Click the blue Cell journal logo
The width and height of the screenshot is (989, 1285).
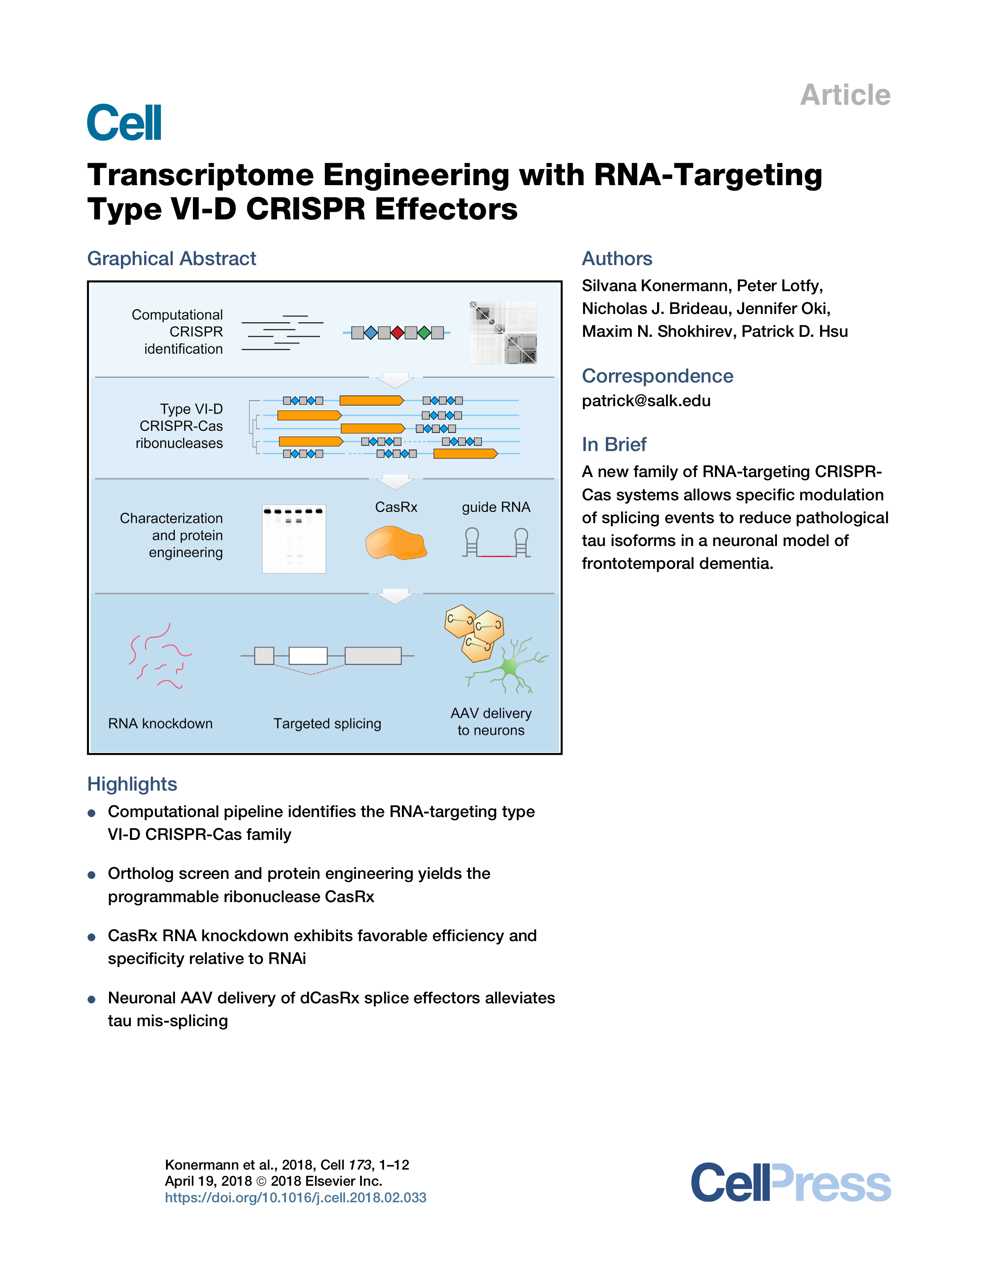[124, 123]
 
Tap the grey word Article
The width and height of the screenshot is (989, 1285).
[845, 95]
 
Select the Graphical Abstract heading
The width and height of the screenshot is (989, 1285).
[172, 258]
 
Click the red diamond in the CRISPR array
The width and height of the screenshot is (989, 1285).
[398, 333]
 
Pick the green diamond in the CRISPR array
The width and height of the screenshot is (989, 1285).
[424, 333]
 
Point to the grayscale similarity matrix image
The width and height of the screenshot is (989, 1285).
[503, 332]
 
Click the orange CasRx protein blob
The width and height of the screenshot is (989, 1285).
[396, 543]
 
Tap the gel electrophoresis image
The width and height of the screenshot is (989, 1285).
[294, 539]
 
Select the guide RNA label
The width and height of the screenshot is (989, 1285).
[496, 507]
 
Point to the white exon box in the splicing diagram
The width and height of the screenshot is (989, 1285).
[308, 655]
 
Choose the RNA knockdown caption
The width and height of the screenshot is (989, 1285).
[161, 724]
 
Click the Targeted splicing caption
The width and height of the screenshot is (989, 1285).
[328, 724]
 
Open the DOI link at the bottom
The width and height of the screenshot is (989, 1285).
[295, 1198]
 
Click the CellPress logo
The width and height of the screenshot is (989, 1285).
[791, 1183]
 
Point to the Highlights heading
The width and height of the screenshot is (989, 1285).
[132, 784]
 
